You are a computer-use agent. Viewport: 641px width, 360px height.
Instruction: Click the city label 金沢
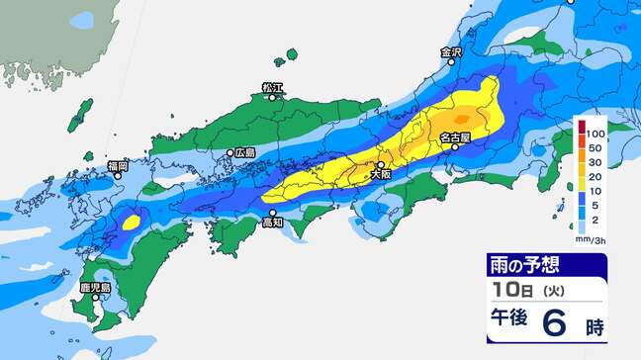[x=452, y=50]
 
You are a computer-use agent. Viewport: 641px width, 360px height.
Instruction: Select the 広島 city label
[x=245, y=153]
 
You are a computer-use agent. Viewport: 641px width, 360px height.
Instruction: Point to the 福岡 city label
[x=118, y=166]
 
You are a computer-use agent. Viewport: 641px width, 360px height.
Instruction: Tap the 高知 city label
[x=274, y=224]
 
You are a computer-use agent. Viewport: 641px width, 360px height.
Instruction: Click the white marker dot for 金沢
[x=452, y=61]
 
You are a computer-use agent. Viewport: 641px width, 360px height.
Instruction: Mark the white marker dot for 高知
[x=274, y=213]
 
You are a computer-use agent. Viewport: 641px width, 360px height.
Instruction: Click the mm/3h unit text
[x=590, y=239]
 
